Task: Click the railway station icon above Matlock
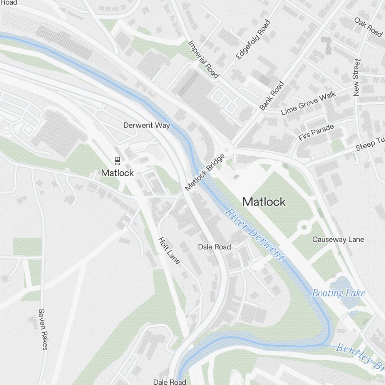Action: coord(117,160)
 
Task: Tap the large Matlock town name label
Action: coord(264,202)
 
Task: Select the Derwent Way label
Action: coord(147,125)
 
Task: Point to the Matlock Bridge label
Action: coord(204,172)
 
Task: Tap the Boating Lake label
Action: coord(338,293)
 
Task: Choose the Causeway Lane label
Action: coord(338,239)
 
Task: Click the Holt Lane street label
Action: coord(169,250)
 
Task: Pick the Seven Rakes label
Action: coord(43,329)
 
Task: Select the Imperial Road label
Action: coord(203,59)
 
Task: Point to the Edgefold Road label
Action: coord(253,39)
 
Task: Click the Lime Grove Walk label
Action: coord(308,103)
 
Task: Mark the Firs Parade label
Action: coord(316,132)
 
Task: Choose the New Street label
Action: coord(357,77)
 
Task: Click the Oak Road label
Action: coord(368,27)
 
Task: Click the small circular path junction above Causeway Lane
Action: coord(304,227)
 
